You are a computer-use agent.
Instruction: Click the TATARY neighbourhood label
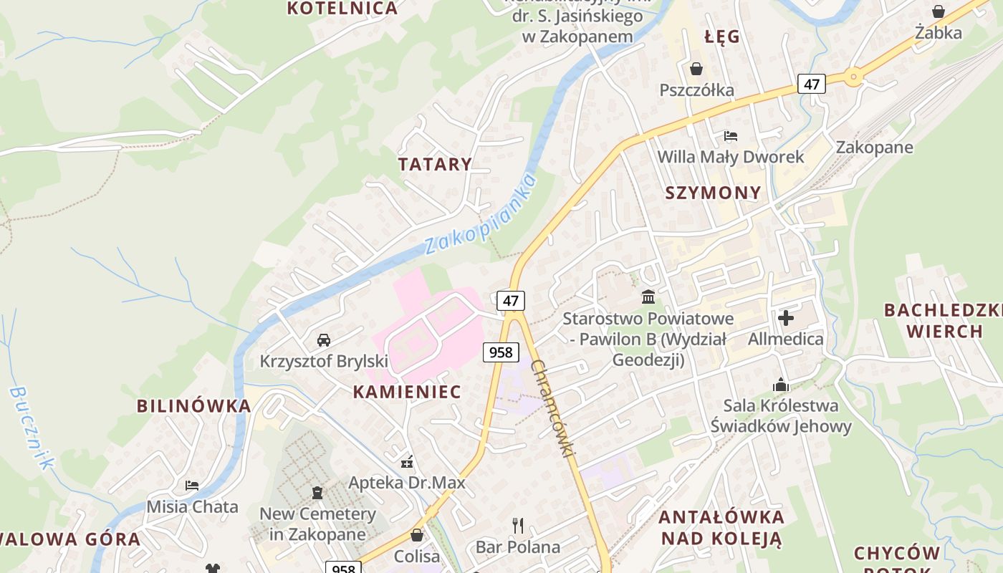tap(435, 164)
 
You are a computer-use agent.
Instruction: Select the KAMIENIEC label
tap(407, 392)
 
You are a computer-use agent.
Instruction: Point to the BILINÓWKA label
tap(194, 406)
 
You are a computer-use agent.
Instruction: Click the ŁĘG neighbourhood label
tap(721, 37)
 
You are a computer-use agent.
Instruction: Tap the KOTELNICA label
tap(342, 9)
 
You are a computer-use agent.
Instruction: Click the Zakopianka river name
tap(481, 213)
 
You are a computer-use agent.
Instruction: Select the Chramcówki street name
tap(553, 408)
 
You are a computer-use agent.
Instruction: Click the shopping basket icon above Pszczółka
tap(696, 69)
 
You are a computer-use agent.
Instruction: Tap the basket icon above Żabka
tap(939, 11)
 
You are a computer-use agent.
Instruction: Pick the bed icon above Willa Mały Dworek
tap(731, 135)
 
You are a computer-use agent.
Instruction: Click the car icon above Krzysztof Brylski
tap(324, 340)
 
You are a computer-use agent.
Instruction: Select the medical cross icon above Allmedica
tap(786, 317)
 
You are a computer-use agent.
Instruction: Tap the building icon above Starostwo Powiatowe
tap(648, 297)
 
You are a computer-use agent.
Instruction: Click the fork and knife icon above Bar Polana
tap(518, 526)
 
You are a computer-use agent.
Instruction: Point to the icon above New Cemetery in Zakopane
tap(317, 493)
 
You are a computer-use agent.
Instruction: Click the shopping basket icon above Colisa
tap(417, 535)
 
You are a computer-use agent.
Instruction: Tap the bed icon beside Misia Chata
tap(192, 486)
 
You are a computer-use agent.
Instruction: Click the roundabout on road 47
tap(853, 77)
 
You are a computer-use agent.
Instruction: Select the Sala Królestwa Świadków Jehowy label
tap(780, 416)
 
